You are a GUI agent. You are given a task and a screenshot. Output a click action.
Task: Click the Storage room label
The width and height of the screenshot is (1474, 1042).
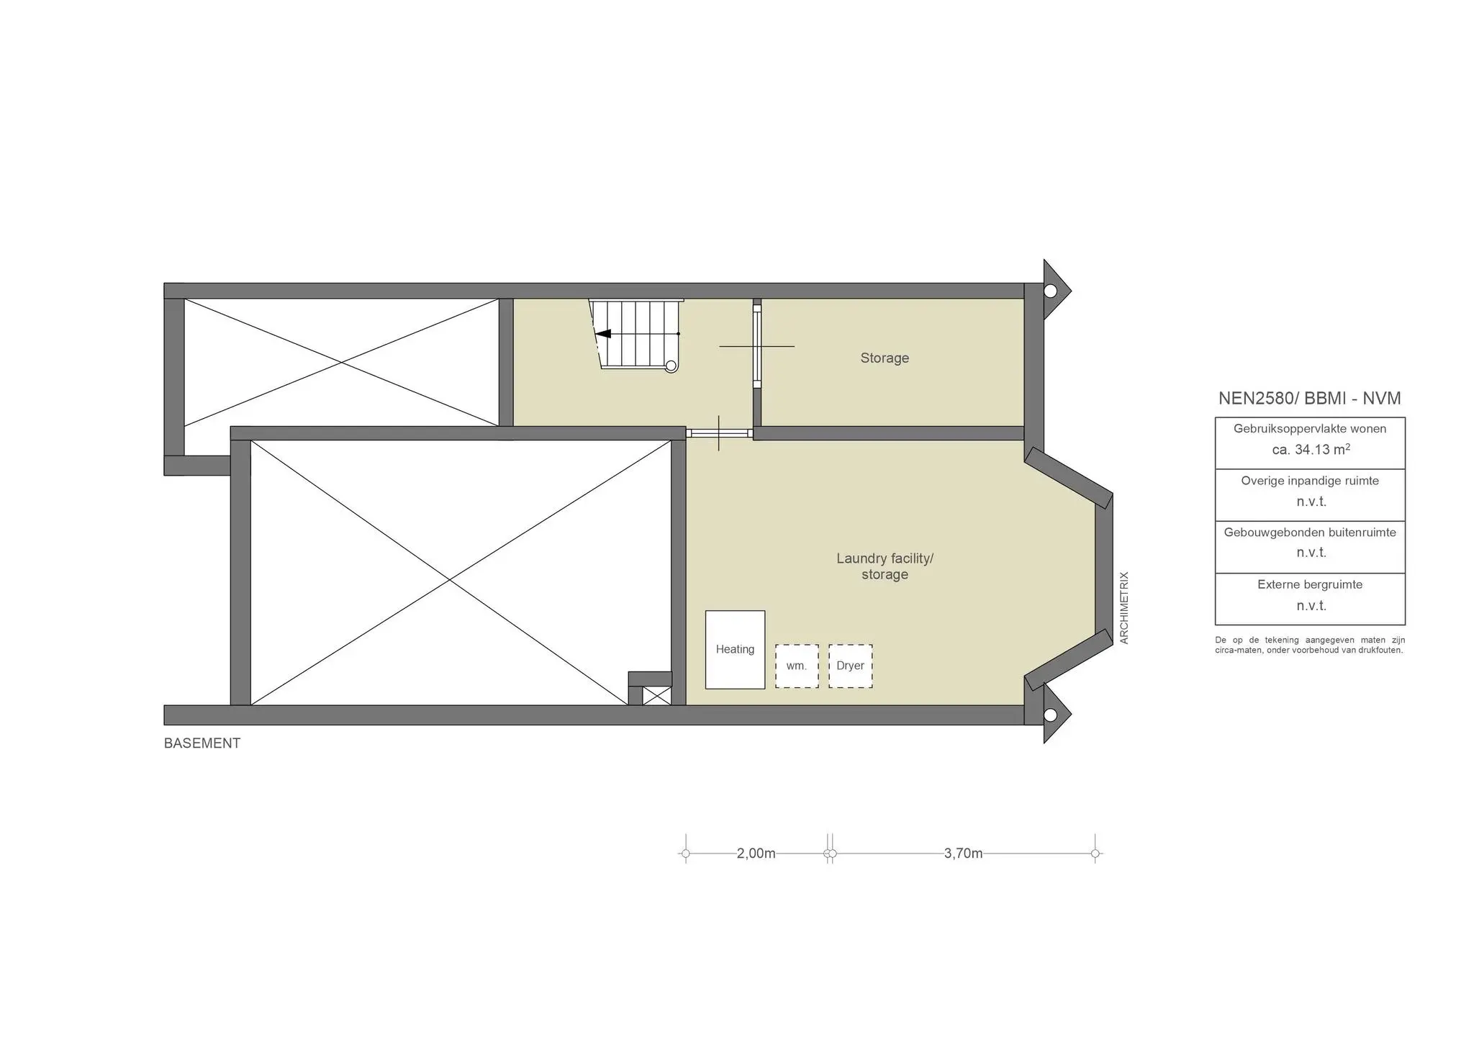[x=885, y=358]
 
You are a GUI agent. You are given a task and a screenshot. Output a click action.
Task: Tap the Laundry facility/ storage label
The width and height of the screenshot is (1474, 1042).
[x=885, y=566]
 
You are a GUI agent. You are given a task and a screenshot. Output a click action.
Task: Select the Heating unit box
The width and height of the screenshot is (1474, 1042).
[x=735, y=650]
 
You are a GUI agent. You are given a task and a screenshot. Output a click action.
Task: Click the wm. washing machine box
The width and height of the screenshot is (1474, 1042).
[x=797, y=666]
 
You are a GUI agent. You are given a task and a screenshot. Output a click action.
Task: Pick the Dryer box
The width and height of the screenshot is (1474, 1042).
[x=850, y=666]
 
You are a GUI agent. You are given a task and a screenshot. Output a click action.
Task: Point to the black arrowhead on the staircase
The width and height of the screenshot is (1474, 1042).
[x=603, y=334]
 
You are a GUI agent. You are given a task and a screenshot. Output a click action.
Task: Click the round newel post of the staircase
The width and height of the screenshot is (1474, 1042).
[x=671, y=366]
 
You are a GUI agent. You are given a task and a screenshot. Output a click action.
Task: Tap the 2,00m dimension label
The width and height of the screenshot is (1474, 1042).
[x=756, y=853]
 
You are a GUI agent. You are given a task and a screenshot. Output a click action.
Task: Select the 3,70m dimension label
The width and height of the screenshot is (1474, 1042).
[x=963, y=853]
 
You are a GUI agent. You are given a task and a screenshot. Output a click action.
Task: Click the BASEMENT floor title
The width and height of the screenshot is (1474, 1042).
[x=202, y=743]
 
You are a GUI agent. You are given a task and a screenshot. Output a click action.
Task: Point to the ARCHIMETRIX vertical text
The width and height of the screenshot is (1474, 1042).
[x=1124, y=608]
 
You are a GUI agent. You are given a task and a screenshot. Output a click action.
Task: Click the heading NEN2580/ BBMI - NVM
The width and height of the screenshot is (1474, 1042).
[x=1309, y=398]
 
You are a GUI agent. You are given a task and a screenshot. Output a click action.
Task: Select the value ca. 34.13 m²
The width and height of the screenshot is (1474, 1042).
[x=1311, y=450]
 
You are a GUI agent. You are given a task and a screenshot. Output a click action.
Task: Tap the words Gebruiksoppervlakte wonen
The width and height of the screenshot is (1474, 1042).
[x=1310, y=428]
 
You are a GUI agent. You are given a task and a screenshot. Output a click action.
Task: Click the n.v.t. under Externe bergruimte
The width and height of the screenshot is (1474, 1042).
[x=1311, y=606]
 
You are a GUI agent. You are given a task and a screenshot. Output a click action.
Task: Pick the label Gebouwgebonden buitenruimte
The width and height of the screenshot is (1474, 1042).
[x=1310, y=533]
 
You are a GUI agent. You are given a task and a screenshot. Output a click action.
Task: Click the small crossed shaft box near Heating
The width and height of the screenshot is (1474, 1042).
[x=656, y=696]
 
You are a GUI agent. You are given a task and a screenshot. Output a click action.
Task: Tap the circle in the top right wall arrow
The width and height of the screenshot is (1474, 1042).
[x=1050, y=291]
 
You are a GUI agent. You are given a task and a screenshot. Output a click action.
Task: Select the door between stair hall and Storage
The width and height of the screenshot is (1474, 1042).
[x=757, y=347]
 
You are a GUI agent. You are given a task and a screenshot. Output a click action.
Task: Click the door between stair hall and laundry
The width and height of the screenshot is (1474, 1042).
[x=719, y=433]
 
